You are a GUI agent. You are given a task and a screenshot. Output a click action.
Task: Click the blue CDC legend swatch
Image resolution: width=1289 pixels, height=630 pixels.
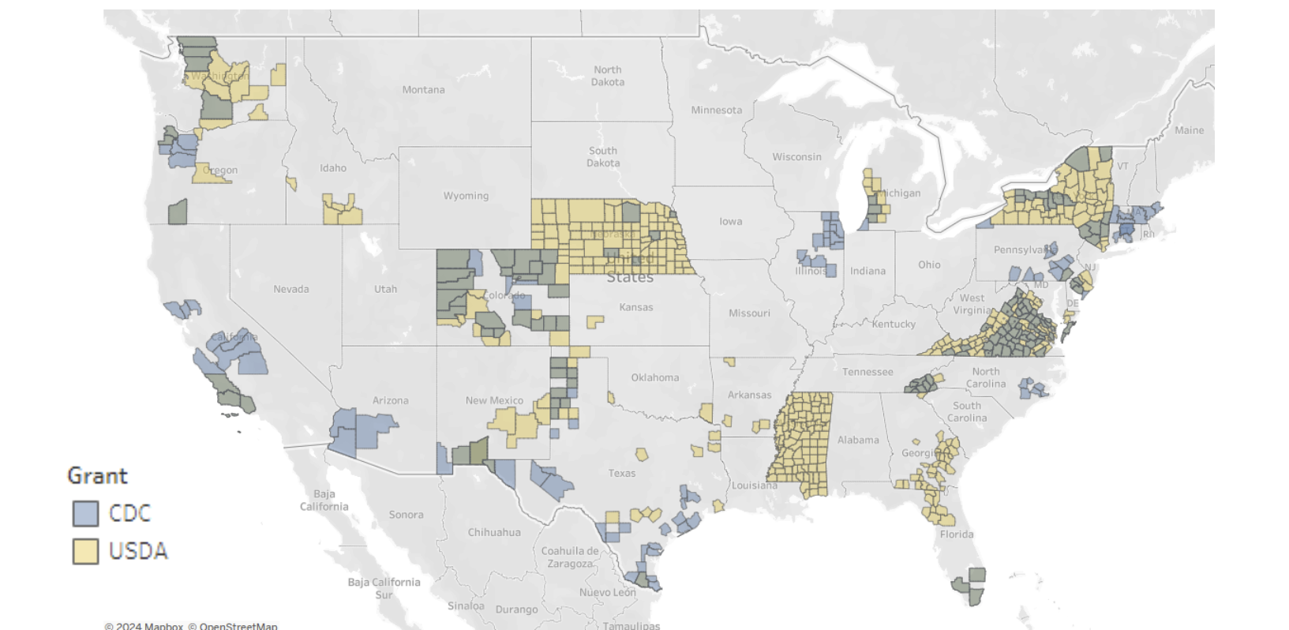[x=85, y=513]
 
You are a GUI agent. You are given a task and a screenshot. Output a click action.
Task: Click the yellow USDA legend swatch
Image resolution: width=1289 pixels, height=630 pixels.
[x=85, y=551]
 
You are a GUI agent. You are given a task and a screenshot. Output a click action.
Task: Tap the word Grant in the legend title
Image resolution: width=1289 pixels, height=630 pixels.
[x=97, y=475]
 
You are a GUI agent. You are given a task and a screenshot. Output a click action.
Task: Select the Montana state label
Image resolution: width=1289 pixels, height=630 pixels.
[x=423, y=90]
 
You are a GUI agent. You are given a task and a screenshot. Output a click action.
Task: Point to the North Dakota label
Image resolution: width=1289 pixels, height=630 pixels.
[x=608, y=76]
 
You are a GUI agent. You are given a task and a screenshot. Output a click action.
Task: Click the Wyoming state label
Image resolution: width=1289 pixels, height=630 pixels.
[x=466, y=196]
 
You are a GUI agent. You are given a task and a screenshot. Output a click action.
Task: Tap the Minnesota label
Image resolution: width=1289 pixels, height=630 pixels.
[x=716, y=111]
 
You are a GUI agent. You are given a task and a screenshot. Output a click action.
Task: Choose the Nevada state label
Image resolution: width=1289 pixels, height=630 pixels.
[x=291, y=289]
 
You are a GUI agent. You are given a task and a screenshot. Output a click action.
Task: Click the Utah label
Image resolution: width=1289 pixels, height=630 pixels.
[x=385, y=289]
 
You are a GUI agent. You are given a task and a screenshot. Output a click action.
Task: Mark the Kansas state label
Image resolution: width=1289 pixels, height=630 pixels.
[x=636, y=307]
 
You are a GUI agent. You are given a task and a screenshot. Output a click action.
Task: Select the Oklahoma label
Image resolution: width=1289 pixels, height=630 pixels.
[x=654, y=377]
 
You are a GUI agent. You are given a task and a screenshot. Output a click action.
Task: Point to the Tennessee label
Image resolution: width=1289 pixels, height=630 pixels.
[x=867, y=372]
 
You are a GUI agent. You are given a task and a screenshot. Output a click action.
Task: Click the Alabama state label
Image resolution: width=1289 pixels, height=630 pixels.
[x=858, y=440]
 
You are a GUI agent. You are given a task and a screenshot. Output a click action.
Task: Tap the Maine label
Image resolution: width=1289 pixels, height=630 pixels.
[x=1189, y=130]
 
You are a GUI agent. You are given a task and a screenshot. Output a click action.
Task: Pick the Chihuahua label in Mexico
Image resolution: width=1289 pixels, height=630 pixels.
[x=494, y=532]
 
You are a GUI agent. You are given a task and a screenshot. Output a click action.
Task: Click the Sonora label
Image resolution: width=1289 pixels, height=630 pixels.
[x=406, y=515]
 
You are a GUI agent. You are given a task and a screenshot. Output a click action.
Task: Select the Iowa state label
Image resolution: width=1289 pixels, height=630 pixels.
[x=730, y=221]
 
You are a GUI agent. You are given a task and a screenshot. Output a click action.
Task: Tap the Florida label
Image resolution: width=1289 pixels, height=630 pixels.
[x=957, y=534]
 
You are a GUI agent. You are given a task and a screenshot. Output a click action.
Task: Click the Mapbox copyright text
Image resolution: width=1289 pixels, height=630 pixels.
[x=144, y=626]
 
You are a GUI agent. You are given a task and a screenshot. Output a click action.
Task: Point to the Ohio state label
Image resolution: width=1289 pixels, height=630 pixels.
[x=929, y=264]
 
